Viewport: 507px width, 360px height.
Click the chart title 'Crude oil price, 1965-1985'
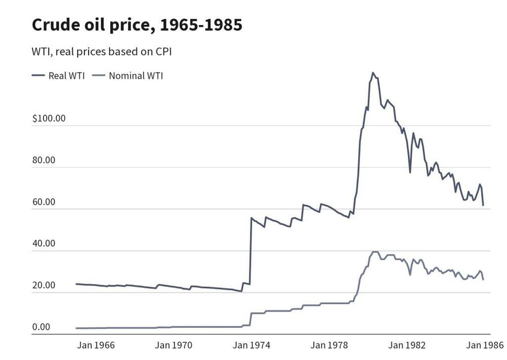(137, 25)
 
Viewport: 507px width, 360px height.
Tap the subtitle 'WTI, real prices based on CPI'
(102, 52)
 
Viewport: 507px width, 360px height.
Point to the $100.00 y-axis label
(49, 119)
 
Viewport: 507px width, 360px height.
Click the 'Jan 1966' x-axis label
(96, 345)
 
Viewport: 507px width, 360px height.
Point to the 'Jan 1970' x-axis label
(174, 345)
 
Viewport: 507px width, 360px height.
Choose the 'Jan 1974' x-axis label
(252, 345)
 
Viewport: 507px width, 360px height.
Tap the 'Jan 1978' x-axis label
(330, 345)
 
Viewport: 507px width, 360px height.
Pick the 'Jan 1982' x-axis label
(407, 345)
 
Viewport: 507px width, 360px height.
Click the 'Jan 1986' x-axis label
(485, 345)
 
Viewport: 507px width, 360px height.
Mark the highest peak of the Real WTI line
(373, 73)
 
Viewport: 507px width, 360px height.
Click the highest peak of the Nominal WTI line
(375, 251)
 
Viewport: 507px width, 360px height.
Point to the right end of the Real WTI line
(483, 205)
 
